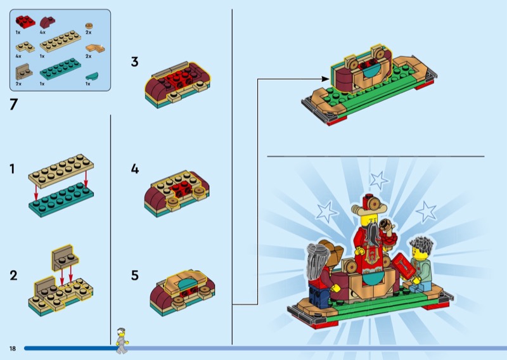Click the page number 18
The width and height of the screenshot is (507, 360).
tap(12, 349)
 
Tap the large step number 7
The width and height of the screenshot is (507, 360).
tap(13, 105)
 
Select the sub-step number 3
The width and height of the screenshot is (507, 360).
tap(134, 61)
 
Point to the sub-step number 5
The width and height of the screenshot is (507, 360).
tap(135, 276)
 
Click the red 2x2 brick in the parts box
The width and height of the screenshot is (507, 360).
tap(25, 22)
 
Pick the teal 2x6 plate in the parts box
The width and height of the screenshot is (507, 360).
tap(60, 69)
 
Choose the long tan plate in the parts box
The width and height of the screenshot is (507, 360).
tap(60, 41)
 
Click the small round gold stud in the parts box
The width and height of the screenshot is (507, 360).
tap(89, 26)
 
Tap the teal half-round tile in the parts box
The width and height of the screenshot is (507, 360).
tap(92, 76)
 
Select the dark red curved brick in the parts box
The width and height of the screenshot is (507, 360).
tap(47, 22)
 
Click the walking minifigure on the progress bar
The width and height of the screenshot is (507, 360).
tap(122, 340)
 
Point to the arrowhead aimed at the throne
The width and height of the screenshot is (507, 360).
tap(326, 79)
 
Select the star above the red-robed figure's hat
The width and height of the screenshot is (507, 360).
tap(379, 180)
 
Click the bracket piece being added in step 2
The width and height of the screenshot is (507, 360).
tap(65, 257)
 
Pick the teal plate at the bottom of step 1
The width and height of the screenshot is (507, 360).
tap(61, 200)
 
